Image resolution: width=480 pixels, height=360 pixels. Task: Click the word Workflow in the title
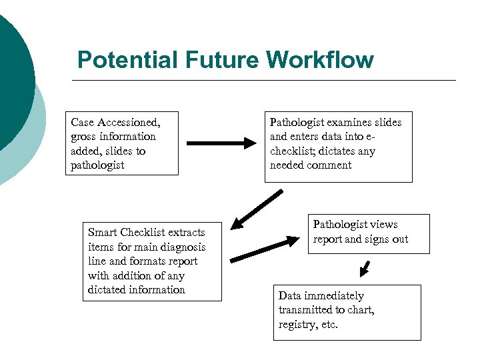point(320,60)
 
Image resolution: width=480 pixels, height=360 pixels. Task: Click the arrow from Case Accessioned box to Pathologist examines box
point(221,143)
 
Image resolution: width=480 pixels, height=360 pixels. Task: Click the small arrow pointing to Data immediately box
point(363,268)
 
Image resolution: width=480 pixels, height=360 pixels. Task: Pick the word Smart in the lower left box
point(103,232)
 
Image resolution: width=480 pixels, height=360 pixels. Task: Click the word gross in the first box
point(85,137)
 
